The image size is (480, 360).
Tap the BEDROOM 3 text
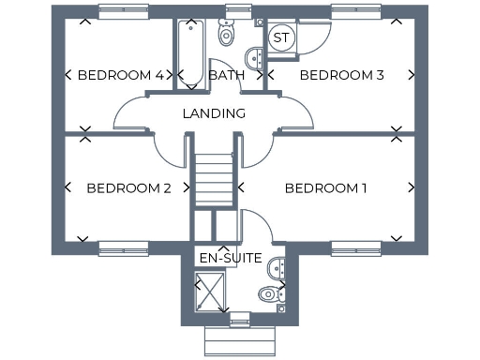(341, 75)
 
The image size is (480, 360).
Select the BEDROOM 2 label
(128, 187)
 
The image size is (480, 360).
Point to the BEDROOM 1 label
(325, 187)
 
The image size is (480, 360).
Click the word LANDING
(214, 113)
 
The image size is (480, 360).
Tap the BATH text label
(227, 75)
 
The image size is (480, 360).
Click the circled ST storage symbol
(281, 37)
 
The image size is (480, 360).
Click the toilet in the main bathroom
(226, 34)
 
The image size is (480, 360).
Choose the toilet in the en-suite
(270, 293)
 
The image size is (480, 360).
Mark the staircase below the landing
(215, 178)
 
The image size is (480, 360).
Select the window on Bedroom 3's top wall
(357, 11)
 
